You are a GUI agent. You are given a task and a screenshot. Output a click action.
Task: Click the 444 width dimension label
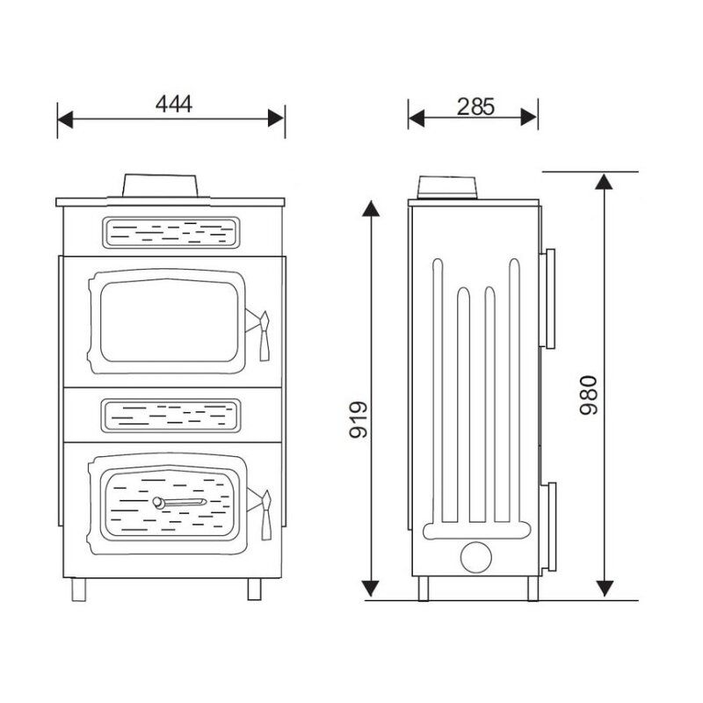pyautogui.click(x=174, y=104)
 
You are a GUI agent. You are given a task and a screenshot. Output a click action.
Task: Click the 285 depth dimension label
pyautogui.click(x=475, y=106)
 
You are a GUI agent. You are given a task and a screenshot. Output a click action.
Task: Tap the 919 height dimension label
pyautogui.click(x=359, y=419)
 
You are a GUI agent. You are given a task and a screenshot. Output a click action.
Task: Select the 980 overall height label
pyautogui.click(x=589, y=395)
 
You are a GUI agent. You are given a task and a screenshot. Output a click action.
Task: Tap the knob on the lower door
pyautogui.click(x=158, y=503)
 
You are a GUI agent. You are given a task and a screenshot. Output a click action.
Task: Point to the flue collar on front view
pyautogui.click(x=160, y=185)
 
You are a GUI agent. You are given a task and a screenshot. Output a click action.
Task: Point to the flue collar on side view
pyautogui.click(x=447, y=187)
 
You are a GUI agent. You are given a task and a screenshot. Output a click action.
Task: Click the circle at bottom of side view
pyautogui.click(x=476, y=557)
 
